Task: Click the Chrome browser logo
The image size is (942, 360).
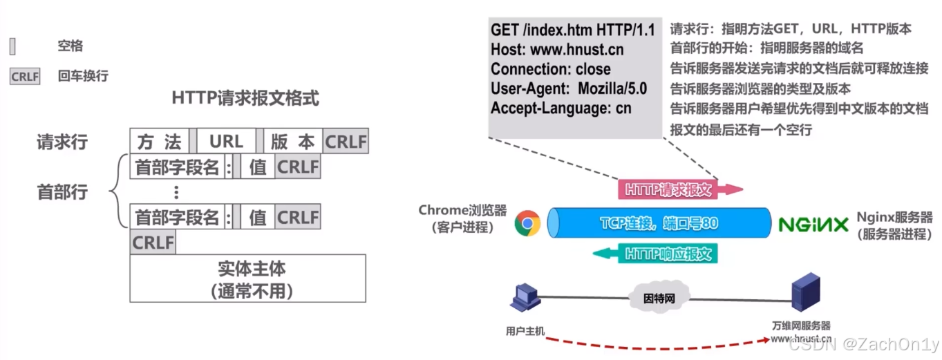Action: pos(527,223)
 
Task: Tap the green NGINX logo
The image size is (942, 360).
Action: pos(813,225)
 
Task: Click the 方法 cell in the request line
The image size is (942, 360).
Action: pos(159,142)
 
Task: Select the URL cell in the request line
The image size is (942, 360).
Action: pos(226,142)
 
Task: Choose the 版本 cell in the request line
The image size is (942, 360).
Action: pos(292,142)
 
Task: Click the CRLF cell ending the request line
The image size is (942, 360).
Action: pos(346,142)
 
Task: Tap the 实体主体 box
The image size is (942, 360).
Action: pos(247,278)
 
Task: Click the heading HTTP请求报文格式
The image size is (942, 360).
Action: pos(245,98)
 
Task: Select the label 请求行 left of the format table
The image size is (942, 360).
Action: pos(62,142)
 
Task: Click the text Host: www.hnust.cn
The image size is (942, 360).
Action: pos(557,50)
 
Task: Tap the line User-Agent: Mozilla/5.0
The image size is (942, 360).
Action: pos(569,88)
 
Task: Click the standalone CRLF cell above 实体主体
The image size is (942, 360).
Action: pos(153,243)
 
